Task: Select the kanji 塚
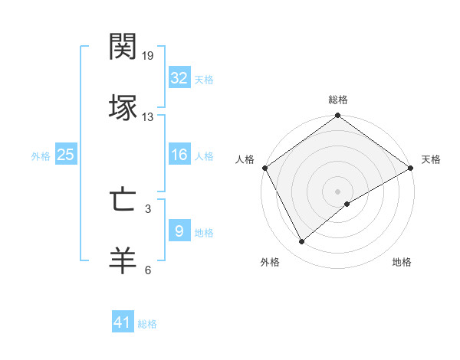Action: (123, 107)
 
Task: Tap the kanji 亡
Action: (123, 200)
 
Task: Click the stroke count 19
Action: (148, 56)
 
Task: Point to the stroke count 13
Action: (148, 117)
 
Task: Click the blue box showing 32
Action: (179, 77)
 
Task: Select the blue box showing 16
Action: (179, 155)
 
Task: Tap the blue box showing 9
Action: (179, 231)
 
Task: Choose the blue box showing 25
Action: (66, 155)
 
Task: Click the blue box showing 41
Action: (123, 322)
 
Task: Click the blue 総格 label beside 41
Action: (147, 324)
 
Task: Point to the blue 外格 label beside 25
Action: (41, 155)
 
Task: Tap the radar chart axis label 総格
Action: (338, 100)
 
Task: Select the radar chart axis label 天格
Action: (432, 159)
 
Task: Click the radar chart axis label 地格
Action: (402, 262)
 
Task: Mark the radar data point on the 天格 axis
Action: (411, 168)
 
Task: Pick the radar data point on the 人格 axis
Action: (264, 168)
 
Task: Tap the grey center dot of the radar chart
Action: (338, 191)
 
